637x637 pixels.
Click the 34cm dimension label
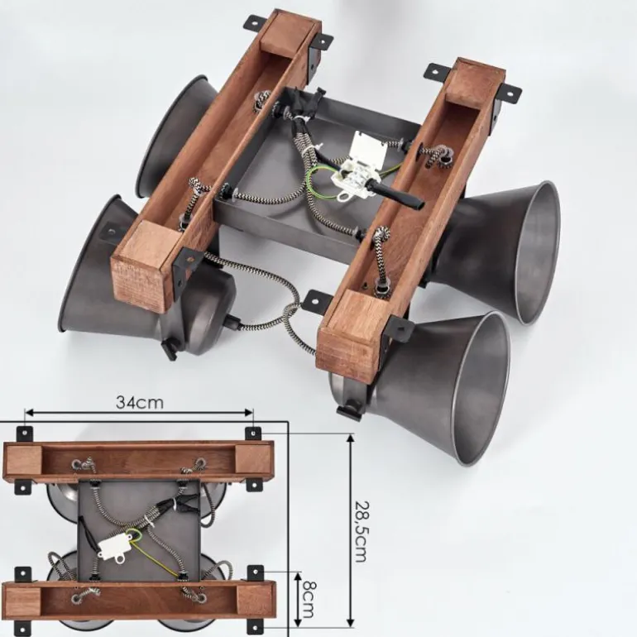139,402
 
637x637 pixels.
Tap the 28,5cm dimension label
362,531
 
